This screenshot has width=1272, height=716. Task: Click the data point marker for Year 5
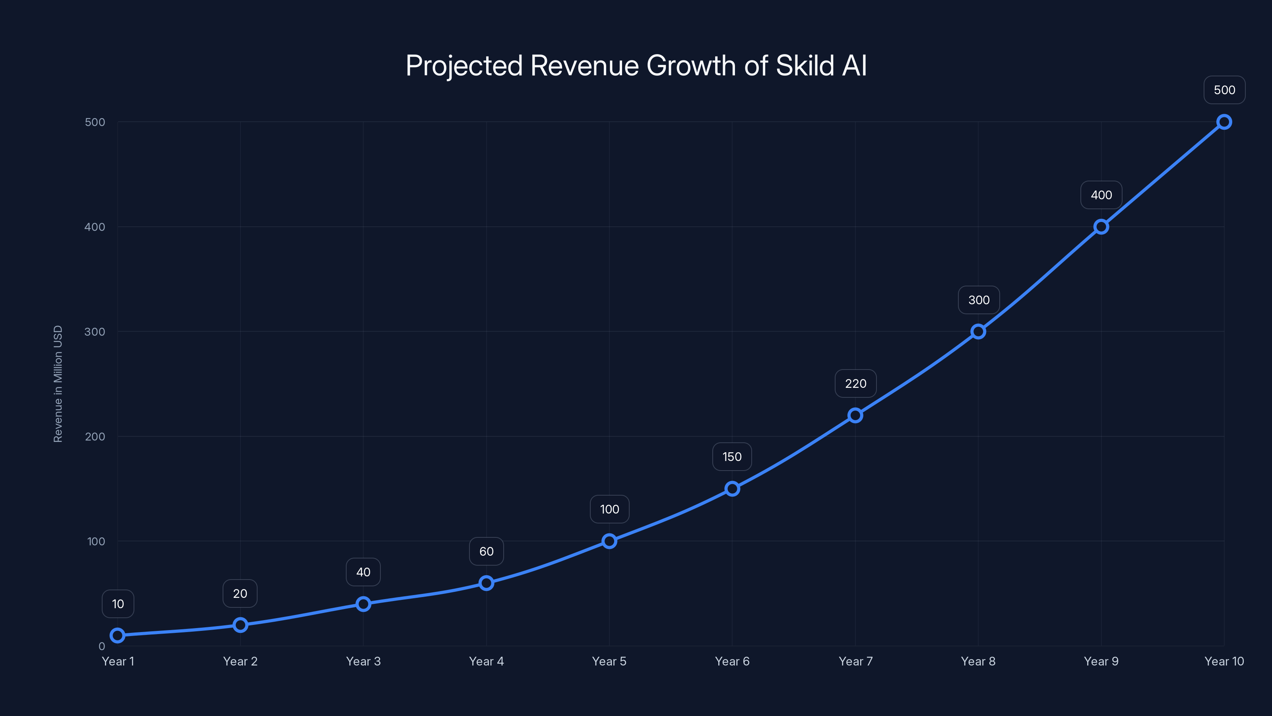click(x=609, y=541)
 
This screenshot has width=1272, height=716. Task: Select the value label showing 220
click(x=855, y=383)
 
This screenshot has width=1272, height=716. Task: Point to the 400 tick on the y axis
click(x=95, y=227)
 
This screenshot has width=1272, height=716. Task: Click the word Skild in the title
click(x=805, y=65)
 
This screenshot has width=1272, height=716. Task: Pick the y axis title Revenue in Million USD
click(x=58, y=384)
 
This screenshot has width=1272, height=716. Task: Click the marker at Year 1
click(x=118, y=636)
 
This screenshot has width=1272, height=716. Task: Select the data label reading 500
click(x=1224, y=90)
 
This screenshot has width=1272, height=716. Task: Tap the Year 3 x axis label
click(x=363, y=661)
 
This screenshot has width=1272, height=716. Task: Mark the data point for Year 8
click(x=978, y=332)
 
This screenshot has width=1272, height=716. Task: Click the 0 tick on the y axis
click(x=102, y=646)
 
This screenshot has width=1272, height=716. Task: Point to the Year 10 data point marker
click(x=1224, y=122)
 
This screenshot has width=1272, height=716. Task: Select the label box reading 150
click(x=732, y=457)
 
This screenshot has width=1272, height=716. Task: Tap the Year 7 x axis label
click(x=855, y=661)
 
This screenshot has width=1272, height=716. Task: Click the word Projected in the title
click(x=463, y=65)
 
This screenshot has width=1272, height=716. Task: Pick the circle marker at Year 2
click(x=240, y=625)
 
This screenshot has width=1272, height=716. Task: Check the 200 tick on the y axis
click(x=95, y=436)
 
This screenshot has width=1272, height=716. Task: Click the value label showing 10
click(x=118, y=604)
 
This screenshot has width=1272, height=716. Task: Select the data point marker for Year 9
click(x=1101, y=227)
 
